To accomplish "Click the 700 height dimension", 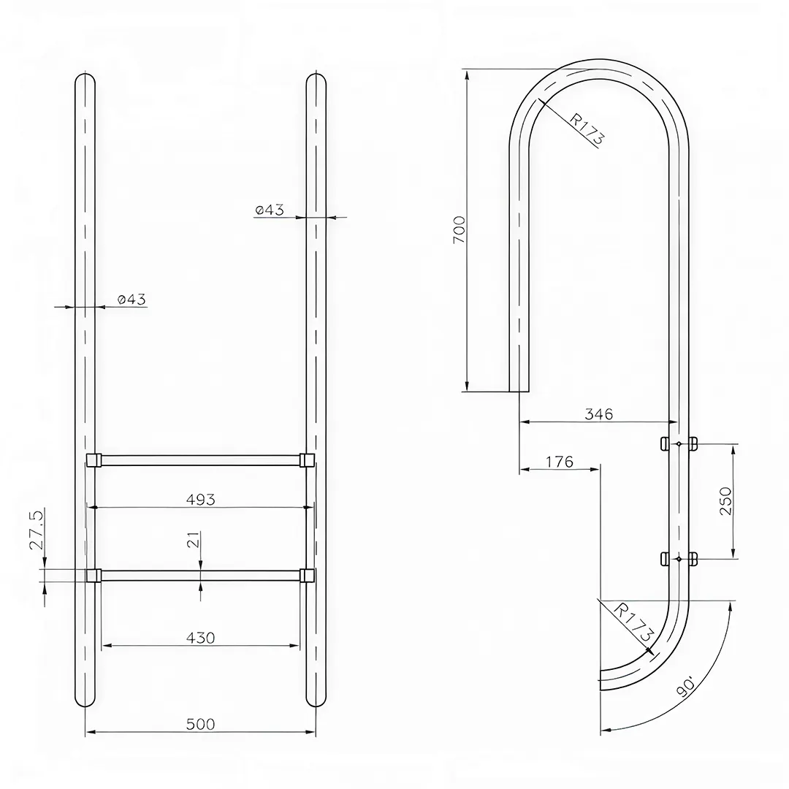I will click(459, 229).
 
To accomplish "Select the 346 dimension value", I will click(599, 414).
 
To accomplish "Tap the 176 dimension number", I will click(559, 462).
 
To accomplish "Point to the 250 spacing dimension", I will click(725, 501).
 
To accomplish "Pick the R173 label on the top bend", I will click(586, 129).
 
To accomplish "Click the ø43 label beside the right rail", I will click(270, 210).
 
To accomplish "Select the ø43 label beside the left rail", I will click(131, 299).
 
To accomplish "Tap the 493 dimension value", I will click(200, 499).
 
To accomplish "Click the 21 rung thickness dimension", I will click(191, 540).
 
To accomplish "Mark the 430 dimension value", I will click(200, 638).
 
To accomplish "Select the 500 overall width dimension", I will click(200, 724).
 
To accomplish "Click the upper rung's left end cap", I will click(94, 460).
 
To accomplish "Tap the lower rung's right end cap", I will click(308, 575).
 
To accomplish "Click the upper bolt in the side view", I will click(679, 443).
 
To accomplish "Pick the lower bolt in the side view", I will click(679, 559).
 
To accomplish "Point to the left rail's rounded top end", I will click(85, 79).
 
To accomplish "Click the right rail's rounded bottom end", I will click(316, 700).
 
